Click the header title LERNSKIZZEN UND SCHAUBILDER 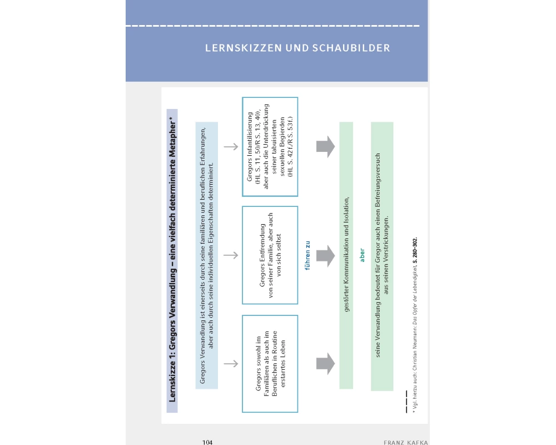coord(297,48)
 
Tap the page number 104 coord(208,442)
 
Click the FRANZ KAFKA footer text coord(405,442)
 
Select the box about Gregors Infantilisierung coord(270,147)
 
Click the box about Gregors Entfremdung coord(270,255)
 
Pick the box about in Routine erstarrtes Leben coord(270,363)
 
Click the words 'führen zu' coord(307,255)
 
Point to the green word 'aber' coord(362,255)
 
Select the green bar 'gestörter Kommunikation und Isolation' coord(346,255)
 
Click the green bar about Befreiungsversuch coord(382,255)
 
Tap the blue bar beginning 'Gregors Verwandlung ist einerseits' coord(206,255)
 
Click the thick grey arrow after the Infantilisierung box coord(325,147)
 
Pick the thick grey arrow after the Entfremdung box coord(325,255)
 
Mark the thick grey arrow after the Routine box coord(325,363)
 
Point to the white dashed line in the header coord(272,26)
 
